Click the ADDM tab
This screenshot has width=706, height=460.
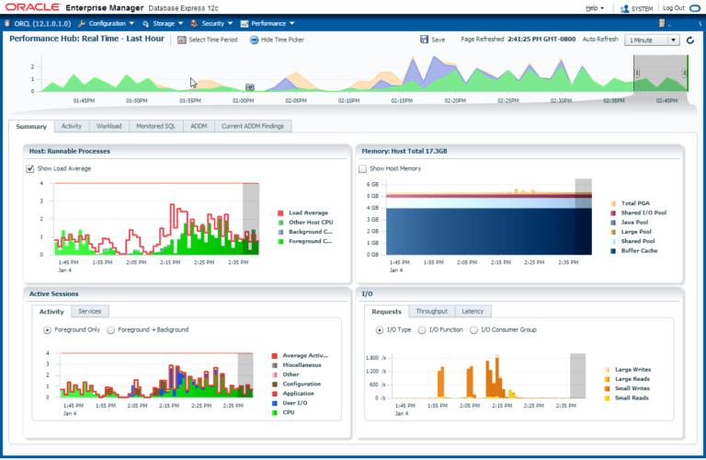tap(199, 126)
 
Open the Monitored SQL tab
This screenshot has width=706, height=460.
tap(156, 126)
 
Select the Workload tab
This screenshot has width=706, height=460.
tap(108, 126)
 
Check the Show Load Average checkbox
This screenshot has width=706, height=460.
tap(31, 169)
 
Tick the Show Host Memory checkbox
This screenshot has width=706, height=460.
tap(362, 169)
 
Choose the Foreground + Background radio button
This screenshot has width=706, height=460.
tap(112, 329)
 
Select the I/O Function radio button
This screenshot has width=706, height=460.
tap(423, 329)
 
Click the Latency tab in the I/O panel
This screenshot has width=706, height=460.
tap(473, 312)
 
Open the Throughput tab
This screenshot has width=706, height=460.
tap(431, 312)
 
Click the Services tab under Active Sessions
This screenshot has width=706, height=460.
tap(90, 312)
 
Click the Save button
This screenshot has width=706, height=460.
tap(432, 40)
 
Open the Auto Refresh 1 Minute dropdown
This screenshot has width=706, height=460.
tap(652, 40)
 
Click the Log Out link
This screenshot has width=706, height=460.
tap(673, 7)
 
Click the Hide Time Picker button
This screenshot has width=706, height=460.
tap(279, 40)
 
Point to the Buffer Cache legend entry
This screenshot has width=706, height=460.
tap(638, 250)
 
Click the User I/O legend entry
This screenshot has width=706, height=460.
tap(296, 403)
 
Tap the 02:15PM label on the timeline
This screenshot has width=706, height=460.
tap(402, 100)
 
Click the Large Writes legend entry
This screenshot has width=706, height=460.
tap(632, 369)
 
